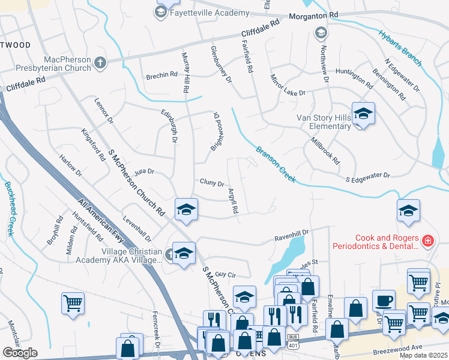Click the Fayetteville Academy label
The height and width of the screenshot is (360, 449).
tap(209, 13)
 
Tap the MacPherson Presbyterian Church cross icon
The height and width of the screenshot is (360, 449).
tap(100, 61)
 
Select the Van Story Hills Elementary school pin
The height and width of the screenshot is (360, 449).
tap(363, 113)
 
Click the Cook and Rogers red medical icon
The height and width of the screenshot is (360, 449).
tap(427, 241)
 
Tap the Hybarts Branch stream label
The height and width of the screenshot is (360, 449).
tap(400, 47)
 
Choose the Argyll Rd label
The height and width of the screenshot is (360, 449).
tap(233, 201)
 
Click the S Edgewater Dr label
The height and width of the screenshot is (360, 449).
tap(368, 176)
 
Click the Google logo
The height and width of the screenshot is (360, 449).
tap(20, 353)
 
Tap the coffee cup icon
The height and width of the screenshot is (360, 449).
tap(384, 301)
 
